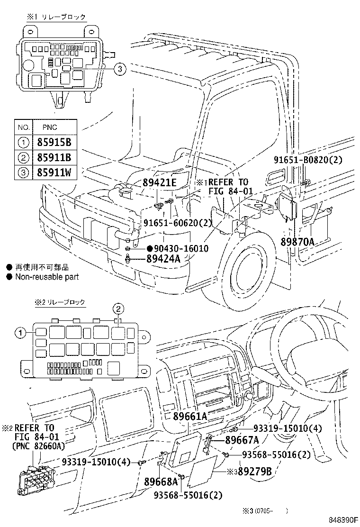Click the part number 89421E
click(x=160, y=183)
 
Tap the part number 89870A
click(x=297, y=242)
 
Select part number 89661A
click(x=190, y=416)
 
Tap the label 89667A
click(x=242, y=440)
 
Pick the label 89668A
click(x=161, y=482)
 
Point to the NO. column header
click(x=23, y=127)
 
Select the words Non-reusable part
click(x=47, y=277)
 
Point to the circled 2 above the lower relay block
click(x=118, y=309)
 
